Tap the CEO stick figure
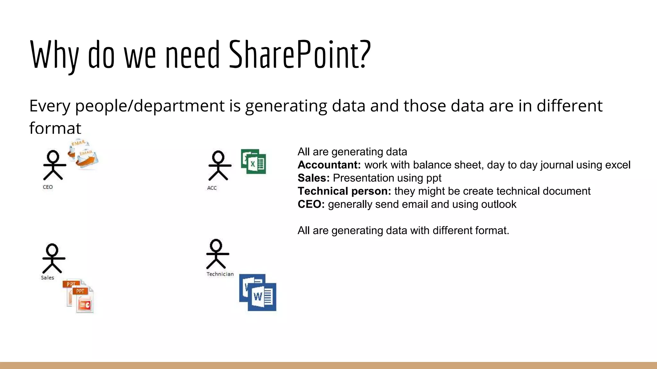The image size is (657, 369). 54,165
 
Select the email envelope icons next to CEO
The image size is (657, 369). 83,154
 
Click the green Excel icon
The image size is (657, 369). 253,162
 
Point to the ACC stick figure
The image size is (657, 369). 219,166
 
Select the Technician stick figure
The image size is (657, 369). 217,254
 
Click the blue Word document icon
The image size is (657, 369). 258,292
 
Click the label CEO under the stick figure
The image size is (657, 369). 48,187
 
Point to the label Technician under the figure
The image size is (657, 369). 220,274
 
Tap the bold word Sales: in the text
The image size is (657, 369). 313,178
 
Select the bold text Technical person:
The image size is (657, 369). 344,191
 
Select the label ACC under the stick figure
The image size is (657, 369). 212,188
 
